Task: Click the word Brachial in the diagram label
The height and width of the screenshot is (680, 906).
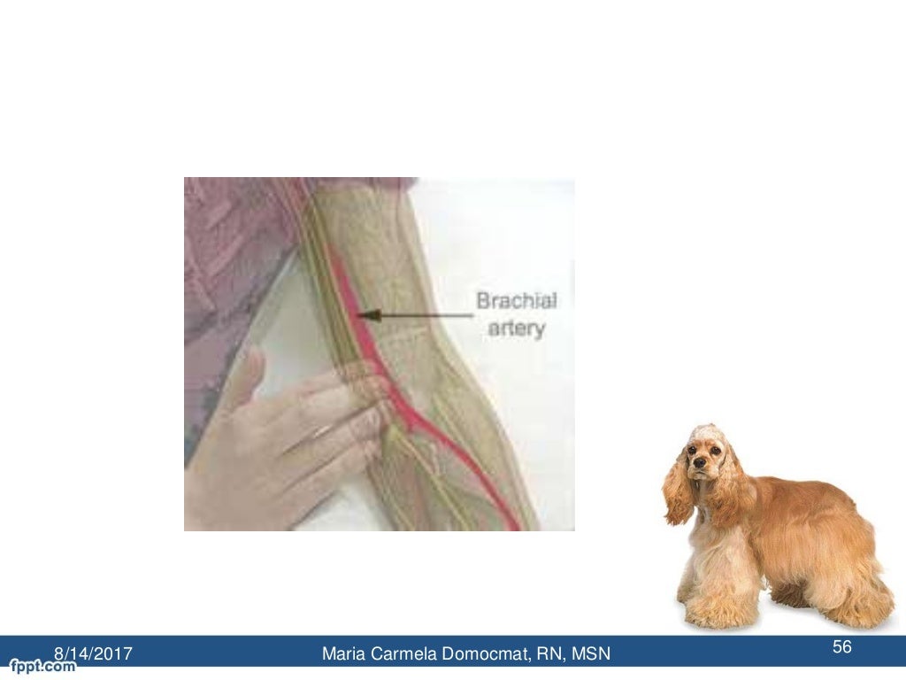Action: (517, 301)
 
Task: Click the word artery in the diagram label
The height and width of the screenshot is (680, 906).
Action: (516, 328)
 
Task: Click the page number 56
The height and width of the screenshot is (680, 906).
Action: (841, 648)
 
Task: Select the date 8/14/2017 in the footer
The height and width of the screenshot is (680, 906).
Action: (94, 654)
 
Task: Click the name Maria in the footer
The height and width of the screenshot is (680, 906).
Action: (343, 654)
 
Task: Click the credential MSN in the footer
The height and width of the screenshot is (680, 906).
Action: (590, 654)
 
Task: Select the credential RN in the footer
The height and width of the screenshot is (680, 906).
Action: (549, 654)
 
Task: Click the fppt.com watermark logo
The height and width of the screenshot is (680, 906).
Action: (42, 666)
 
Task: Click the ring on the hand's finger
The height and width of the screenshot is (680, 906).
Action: (321, 432)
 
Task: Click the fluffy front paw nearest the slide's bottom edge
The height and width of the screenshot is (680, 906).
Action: (712, 611)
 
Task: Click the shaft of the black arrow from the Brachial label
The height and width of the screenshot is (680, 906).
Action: (425, 313)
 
